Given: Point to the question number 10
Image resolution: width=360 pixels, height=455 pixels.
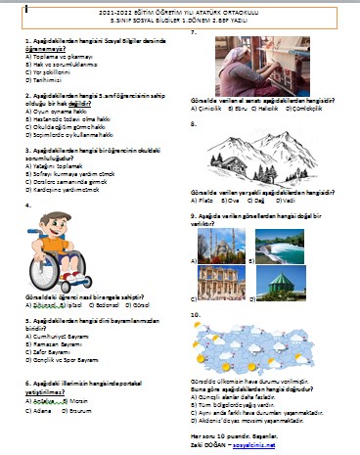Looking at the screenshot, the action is click(196, 314).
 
